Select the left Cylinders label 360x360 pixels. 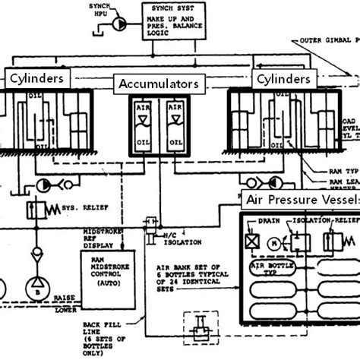[39, 78]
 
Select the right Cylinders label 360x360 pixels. [283, 78]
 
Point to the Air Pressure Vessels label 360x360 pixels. [301, 201]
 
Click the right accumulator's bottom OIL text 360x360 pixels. [176, 142]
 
